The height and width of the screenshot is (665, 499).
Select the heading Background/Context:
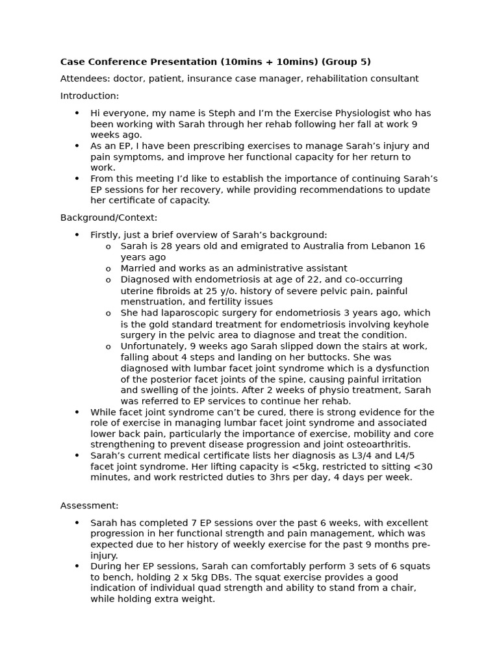[x=109, y=218]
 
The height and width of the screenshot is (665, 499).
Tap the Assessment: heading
[x=90, y=505]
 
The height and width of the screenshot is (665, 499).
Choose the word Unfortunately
[x=151, y=346]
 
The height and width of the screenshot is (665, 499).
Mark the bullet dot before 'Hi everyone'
[x=77, y=113]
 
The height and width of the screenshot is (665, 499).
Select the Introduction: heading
[x=90, y=96]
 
